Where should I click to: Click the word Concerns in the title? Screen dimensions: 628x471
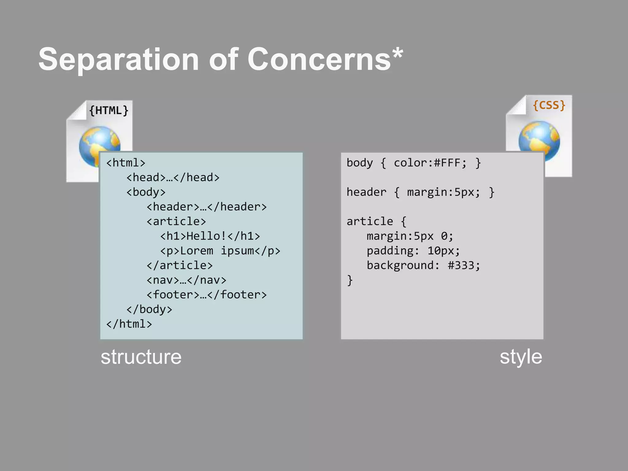point(319,59)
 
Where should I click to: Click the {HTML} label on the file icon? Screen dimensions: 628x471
point(109,110)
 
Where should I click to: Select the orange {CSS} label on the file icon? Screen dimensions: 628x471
point(549,105)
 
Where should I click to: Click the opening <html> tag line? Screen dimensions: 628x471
point(126,163)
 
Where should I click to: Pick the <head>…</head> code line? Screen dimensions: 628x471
point(173,178)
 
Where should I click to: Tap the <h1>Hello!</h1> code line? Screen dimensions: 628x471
point(210,236)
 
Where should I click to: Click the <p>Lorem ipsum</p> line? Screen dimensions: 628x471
point(220,251)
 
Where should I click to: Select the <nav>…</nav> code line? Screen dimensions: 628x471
point(186,280)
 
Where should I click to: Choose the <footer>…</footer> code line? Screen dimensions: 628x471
point(207,295)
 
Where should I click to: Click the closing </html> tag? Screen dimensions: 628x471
point(129,324)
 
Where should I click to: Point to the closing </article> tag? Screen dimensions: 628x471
point(180,265)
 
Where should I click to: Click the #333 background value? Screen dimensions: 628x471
point(461,265)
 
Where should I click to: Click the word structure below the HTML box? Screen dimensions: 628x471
point(141,357)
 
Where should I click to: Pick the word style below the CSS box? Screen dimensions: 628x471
point(521,357)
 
